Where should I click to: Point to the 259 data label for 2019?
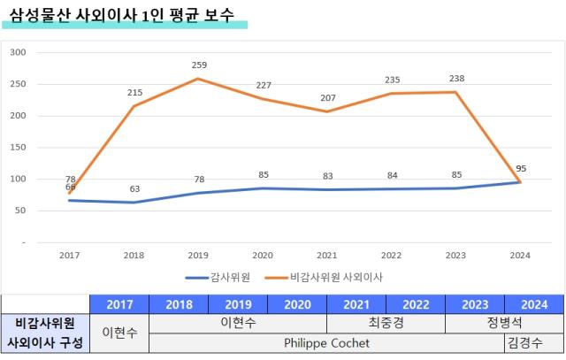pyautogui.click(x=200, y=65)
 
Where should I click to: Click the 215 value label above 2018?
pyautogui.click(x=134, y=93)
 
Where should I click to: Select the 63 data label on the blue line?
pyautogui.click(x=134, y=188)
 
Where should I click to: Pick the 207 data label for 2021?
pyautogui.click(x=328, y=97)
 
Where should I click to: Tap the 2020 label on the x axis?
pyautogui.click(x=263, y=256)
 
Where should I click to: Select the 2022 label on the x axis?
pyautogui.click(x=392, y=256)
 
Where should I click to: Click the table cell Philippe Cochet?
pyautogui.click(x=326, y=342)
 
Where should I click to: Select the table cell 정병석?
pyautogui.click(x=505, y=323)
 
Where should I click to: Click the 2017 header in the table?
pyautogui.click(x=120, y=303)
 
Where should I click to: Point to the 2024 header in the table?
pyautogui.click(x=534, y=303)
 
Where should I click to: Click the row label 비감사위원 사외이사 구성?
pyautogui.click(x=45, y=333)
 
